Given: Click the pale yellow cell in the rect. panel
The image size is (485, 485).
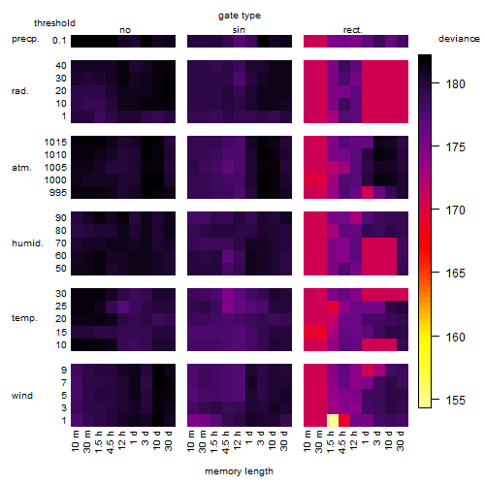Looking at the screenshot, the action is click(x=333, y=420).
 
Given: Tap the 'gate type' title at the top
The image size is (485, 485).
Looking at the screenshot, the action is click(x=240, y=16).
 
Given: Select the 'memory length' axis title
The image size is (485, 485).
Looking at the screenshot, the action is click(x=239, y=471).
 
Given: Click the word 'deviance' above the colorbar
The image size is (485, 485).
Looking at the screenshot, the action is click(x=459, y=39).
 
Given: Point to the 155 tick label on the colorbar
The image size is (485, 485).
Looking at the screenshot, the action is click(x=455, y=401).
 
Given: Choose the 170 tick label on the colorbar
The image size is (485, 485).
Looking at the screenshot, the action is click(x=455, y=210).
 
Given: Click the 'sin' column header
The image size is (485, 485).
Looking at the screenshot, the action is click(x=239, y=30).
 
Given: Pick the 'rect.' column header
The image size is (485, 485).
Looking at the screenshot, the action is click(x=352, y=30).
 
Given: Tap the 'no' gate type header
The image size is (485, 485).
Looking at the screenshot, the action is click(x=125, y=30).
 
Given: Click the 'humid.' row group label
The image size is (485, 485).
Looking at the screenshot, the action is click(x=27, y=243).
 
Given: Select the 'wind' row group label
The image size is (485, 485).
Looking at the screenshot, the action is click(x=22, y=396).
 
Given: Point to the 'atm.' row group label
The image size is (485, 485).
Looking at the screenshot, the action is click(x=21, y=168).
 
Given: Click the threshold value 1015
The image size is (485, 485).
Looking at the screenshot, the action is click(x=55, y=143).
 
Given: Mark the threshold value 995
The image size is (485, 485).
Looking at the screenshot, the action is click(x=58, y=193).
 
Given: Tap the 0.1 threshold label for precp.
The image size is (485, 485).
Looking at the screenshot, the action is click(x=59, y=41).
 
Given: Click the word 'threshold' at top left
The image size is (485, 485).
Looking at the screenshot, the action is click(x=54, y=23).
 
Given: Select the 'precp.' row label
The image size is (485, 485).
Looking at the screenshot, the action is click(x=25, y=39).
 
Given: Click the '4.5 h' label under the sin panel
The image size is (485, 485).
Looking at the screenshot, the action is click(x=226, y=441).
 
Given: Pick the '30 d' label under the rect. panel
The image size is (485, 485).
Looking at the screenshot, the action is click(x=401, y=440).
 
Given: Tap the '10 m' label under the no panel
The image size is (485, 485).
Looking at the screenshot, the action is click(x=75, y=441).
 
